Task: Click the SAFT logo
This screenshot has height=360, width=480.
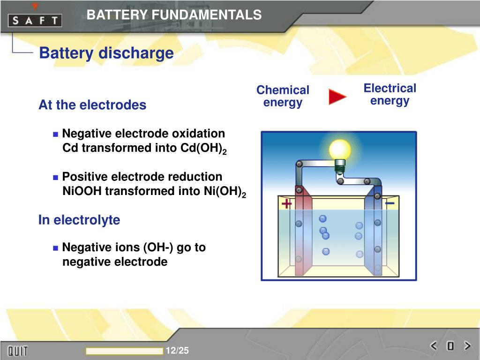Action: pyautogui.click(x=35, y=20)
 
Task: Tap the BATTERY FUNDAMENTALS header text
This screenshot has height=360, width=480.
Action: pyautogui.click(x=174, y=15)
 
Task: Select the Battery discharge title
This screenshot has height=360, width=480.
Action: pyautogui.click(x=106, y=53)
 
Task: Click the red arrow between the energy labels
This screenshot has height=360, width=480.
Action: pyautogui.click(x=337, y=97)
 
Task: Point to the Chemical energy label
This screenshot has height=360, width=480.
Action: pyautogui.click(x=283, y=96)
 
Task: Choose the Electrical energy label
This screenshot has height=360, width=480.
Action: pyautogui.click(x=390, y=94)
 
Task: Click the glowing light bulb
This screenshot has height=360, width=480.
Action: pyautogui.click(x=340, y=150)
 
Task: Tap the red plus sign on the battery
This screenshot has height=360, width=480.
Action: pyautogui.click(x=286, y=204)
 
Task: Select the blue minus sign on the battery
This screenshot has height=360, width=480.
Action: pyautogui.click(x=390, y=203)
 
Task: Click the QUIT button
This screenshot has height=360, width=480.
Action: pyautogui.click(x=17, y=351)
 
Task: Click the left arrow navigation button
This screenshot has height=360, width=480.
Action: pyautogui.click(x=434, y=346)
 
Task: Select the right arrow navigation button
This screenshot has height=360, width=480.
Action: pyautogui.click(x=467, y=346)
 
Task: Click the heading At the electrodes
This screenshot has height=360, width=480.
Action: pyautogui.click(x=92, y=105)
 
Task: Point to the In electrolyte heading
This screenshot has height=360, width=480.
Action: pyautogui.click(x=79, y=220)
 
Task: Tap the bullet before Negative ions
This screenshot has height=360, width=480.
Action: pyautogui.click(x=56, y=247)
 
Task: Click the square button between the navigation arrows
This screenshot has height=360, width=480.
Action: pyautogui.click(x=450, y=346)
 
